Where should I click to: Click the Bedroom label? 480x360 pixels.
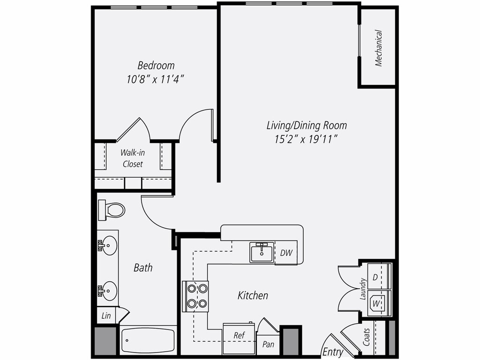pos(156,65)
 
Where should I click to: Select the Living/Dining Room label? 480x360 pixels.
pos(307,125)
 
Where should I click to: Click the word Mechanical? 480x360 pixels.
pos(379,48)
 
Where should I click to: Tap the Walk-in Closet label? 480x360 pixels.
pos(133,158)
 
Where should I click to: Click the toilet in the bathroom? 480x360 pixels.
pos(112,210)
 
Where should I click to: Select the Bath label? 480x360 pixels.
pos(143,268)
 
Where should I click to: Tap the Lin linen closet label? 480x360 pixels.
pos(106,316)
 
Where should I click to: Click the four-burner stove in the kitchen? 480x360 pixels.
pos(195,296)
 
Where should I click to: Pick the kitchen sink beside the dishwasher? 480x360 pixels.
pos(262,252)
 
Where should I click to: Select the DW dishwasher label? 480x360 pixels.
pos(286,253)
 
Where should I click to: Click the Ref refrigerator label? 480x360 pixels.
pos(239,336)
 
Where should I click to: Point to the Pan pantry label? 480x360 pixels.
pos(268,345)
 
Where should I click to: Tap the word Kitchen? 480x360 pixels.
pos(253,295)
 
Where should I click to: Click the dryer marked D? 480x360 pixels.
pos(375,277)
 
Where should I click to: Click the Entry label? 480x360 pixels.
pos(333,352)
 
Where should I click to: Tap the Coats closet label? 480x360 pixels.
pos(367,337)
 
